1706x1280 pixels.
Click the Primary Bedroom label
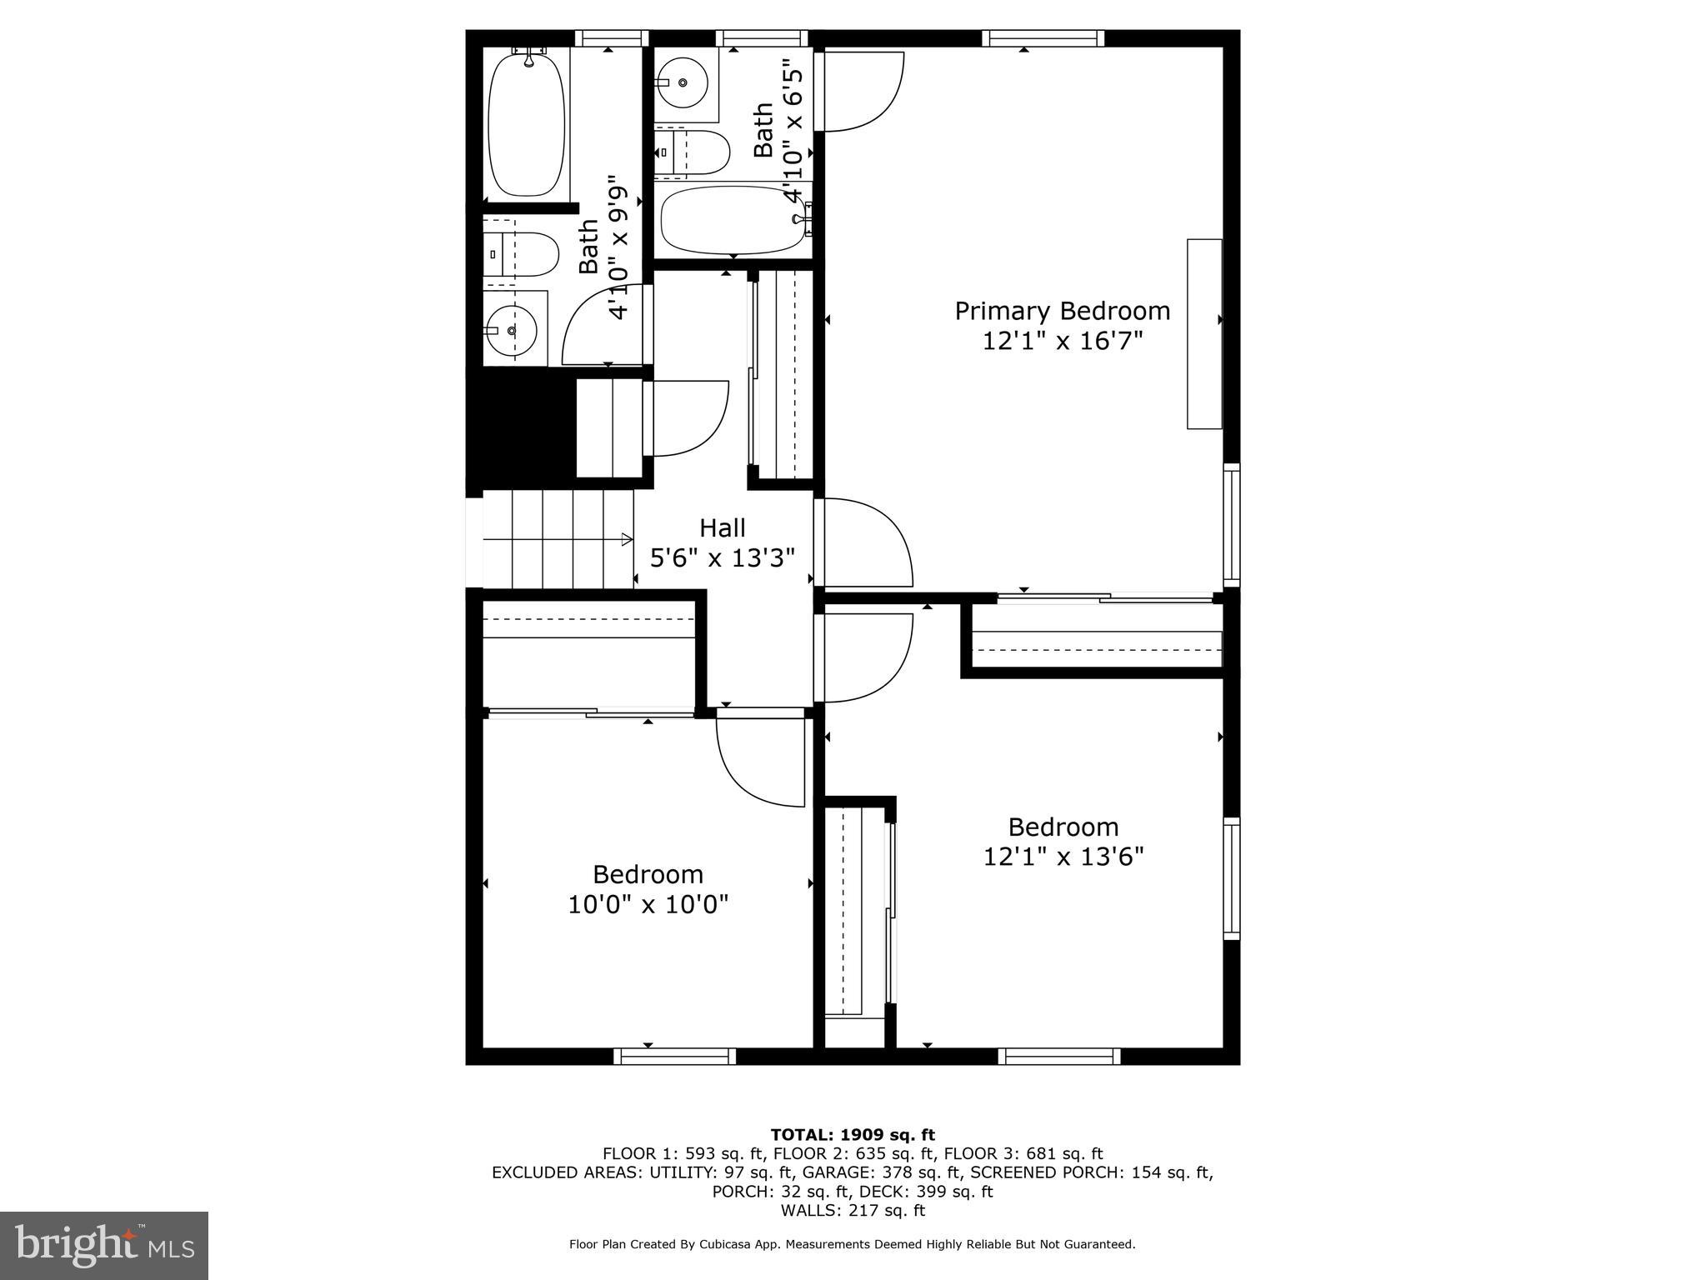(x=1062, y=311)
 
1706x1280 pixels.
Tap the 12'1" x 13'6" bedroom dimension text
(x=1063, y=857)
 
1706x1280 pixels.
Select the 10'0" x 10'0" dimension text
(x=648, y=904)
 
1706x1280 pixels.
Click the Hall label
(x=722, y=527)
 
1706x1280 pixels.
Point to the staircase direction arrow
(x=626, y=540)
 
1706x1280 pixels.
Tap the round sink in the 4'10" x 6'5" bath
(x=683, y=82)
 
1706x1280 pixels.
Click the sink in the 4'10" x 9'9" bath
(x=511, y=331)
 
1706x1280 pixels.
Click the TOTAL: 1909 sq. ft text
(x=852, y=1134)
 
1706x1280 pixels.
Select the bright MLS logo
(x=104, y=1245)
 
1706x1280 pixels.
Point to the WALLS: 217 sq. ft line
(x=852, y=1210)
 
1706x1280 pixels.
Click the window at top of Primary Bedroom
(x=1043, y=37)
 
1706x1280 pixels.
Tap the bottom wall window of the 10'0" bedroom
(x=675, y=1056)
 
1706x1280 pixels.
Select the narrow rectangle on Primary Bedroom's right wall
(x=1203, y=333)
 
